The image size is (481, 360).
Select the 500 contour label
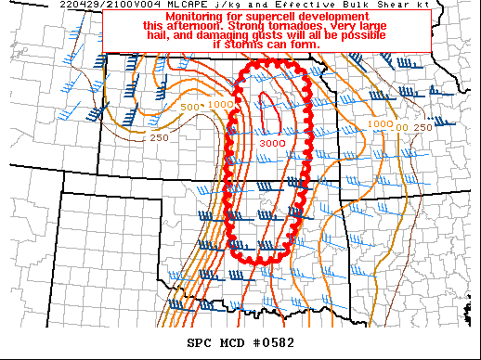pos(189,108)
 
